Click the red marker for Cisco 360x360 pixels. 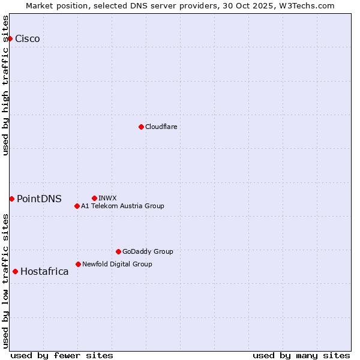tap(10, 39)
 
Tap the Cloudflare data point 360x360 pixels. tap(141, 127)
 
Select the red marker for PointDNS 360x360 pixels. tap(11, 199)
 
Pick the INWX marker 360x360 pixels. tap(94, 198)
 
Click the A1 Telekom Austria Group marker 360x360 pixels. tap(77, 206)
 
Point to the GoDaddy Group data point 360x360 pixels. tap(118, 251)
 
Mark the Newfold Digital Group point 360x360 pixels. tap(78, 264)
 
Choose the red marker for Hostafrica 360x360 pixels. tap(15, 271)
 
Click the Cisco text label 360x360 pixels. tap(28, 39)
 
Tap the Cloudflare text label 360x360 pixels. tap(161, 127)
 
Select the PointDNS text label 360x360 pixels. tap(39, 199)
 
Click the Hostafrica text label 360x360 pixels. tap(44, 272)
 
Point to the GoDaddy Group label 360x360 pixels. tap(148, 251)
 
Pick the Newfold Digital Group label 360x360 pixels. tap(117, 264)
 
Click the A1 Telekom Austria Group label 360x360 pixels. tap(122, 206)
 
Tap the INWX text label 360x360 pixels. tap(107, 198)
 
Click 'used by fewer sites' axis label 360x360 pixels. tap(62, 355)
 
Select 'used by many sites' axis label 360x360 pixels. tap(301, 355)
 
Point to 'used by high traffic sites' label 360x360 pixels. tap(6, 85)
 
